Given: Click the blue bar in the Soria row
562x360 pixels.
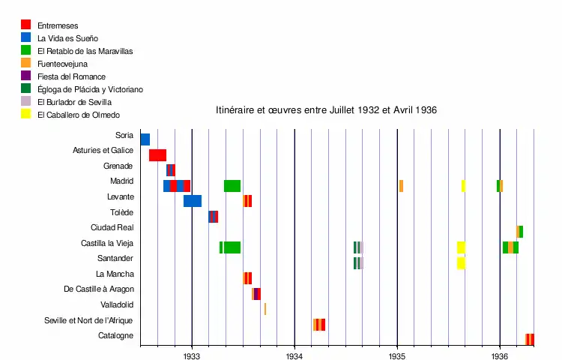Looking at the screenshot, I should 145,139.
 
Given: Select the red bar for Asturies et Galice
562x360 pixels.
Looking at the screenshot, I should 157,155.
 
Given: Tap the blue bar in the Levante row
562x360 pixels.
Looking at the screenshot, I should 193,201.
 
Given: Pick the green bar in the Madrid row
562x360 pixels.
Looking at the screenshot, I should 232,186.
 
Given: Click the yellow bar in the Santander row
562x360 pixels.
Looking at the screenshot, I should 461,263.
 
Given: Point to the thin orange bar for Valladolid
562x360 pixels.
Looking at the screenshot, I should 265,309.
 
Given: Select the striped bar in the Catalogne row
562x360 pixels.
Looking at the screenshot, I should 530,340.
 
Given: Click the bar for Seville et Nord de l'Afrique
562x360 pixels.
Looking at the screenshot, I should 319,325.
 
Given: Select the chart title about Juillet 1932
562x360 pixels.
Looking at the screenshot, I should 326,110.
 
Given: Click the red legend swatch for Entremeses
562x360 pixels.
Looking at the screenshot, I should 26,25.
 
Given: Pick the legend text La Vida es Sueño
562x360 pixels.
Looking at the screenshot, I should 67,38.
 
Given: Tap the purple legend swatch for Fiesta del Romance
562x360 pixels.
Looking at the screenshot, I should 26,76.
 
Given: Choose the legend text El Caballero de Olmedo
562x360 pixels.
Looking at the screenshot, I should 79,115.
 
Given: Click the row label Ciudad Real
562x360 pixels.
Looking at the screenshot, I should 112,228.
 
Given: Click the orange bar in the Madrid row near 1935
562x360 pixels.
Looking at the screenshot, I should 401,186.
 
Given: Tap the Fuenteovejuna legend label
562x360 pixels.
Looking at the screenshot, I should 63,64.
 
